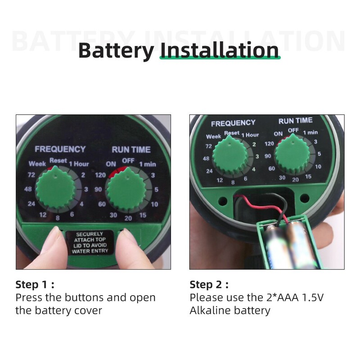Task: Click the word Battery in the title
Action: [116, 51]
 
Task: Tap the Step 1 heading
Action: [35, 285]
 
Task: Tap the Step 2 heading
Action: [209, 285]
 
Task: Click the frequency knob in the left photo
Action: [55, 187]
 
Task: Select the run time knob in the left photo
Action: [127, 188]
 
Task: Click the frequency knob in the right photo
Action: [230, 155]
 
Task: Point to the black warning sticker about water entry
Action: [90, 243]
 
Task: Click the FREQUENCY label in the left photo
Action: [60, 149]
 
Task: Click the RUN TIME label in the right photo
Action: [296, 121]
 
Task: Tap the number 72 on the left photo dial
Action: [31, 175]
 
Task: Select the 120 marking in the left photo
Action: [100, 175]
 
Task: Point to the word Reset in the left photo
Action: [58, 160]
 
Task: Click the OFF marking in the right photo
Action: [293, 130]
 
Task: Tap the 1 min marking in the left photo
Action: [148, 164]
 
